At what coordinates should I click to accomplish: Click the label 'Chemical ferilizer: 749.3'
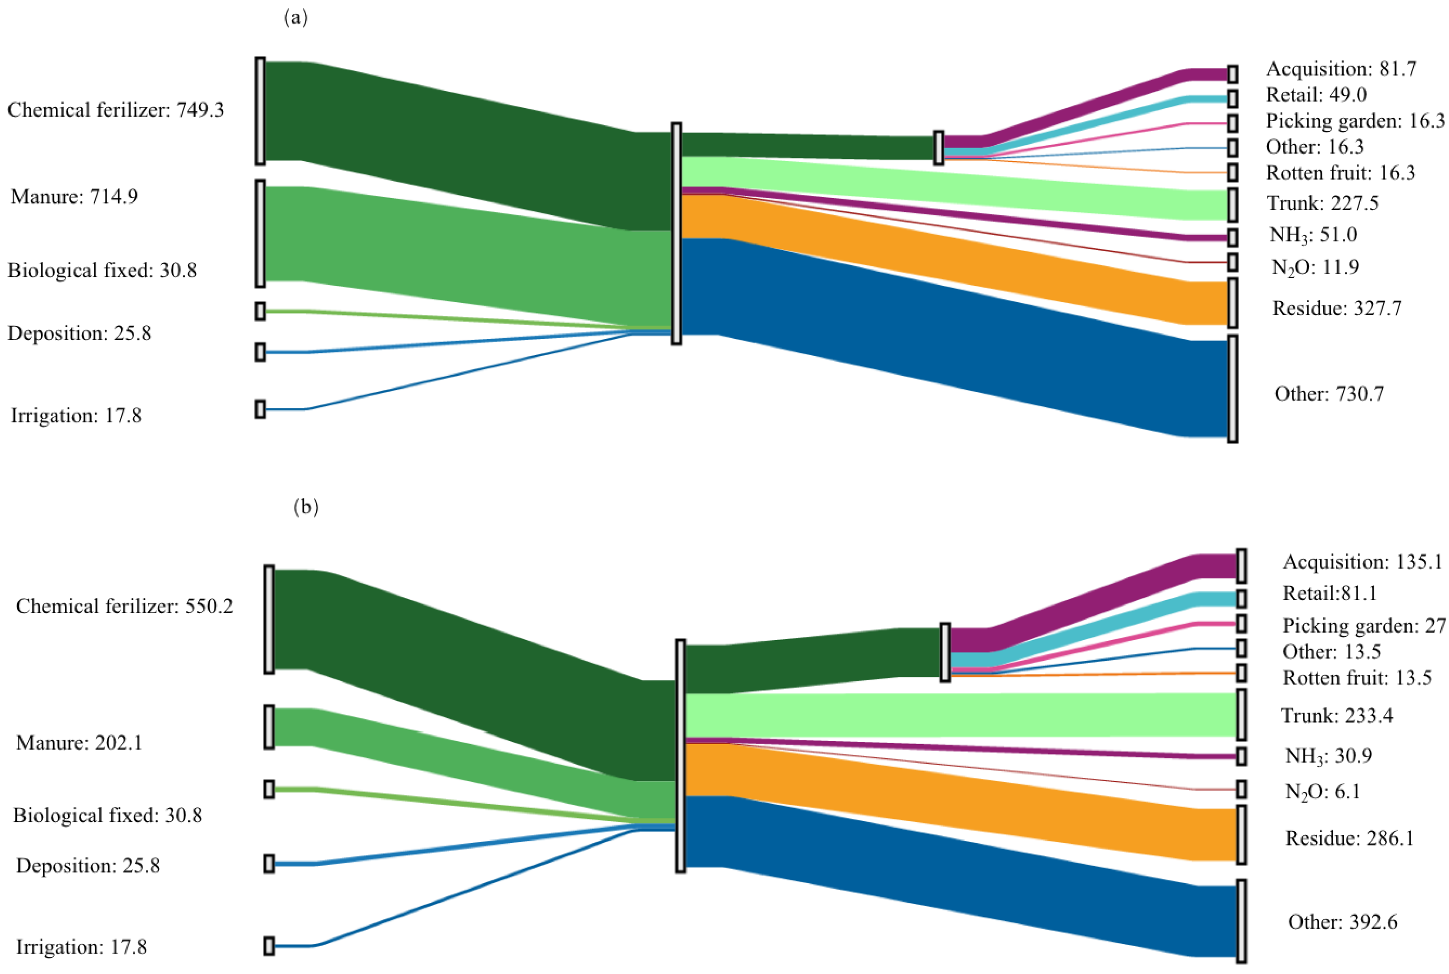pos(115,110)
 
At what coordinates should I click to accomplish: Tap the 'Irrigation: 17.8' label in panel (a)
pos(76,415)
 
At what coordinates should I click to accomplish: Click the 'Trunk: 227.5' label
pos(1323,203)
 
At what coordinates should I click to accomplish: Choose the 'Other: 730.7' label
pos(1329,393)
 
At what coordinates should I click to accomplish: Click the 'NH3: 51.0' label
pos(1313,235)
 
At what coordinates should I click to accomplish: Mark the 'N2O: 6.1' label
pos(1323,791)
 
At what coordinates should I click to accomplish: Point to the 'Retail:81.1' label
pos(1330,593)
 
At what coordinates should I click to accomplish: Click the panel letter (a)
pos(296,18)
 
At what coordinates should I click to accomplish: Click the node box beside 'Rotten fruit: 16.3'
pos(1232,172)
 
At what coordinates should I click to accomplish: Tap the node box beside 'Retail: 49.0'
pos(1232,98)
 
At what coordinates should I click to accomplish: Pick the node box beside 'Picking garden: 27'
pos(1241,624)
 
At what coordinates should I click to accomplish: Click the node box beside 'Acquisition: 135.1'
pos(1241,565)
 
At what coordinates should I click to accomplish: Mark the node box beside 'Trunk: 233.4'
pos(1241,714)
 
